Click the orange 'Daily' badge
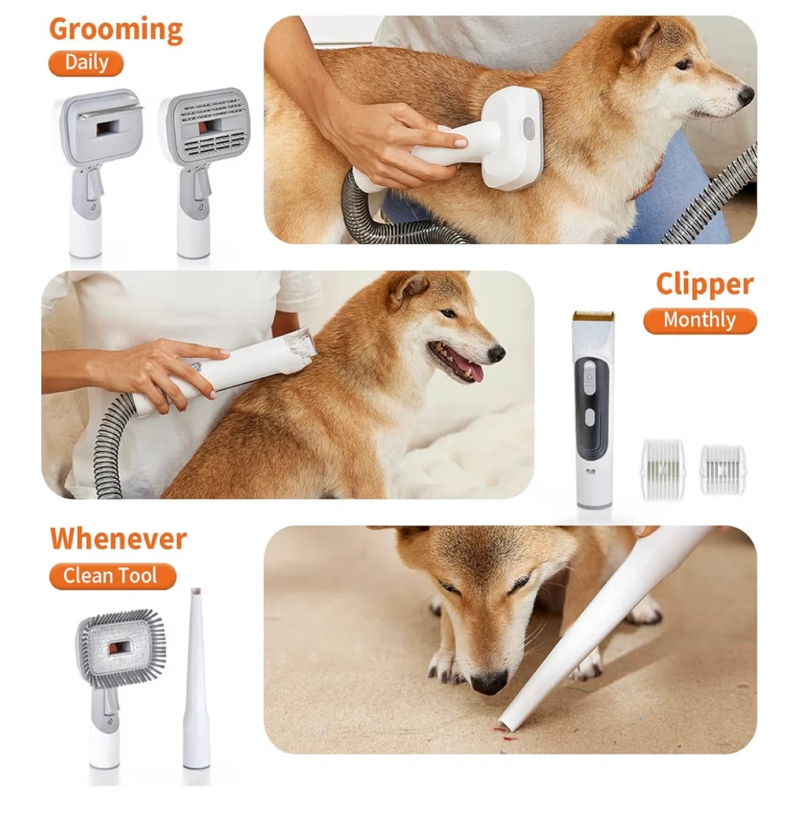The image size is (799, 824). pyautogui.click(x=86, y=63)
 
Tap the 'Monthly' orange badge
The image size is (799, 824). pyautogui.click(x=699, y=320)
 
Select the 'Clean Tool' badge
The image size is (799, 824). pyautogui.click(x=112, y=576)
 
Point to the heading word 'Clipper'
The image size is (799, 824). pyautogui.click(x=704, y=284)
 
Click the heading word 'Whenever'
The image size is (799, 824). pyautogui.click(x=118, y=539)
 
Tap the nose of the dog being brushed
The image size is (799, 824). pyautogui.click(x=746, y=95)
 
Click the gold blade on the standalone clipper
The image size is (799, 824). pyautogui.click(x=593, y=316)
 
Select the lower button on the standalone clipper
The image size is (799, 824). pyautogui.click(x=589, y=417)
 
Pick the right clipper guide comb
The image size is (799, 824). pyautogui.click(x=722, y=469)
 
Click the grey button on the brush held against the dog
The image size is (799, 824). pyautogui.click(x=529, y=128)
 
